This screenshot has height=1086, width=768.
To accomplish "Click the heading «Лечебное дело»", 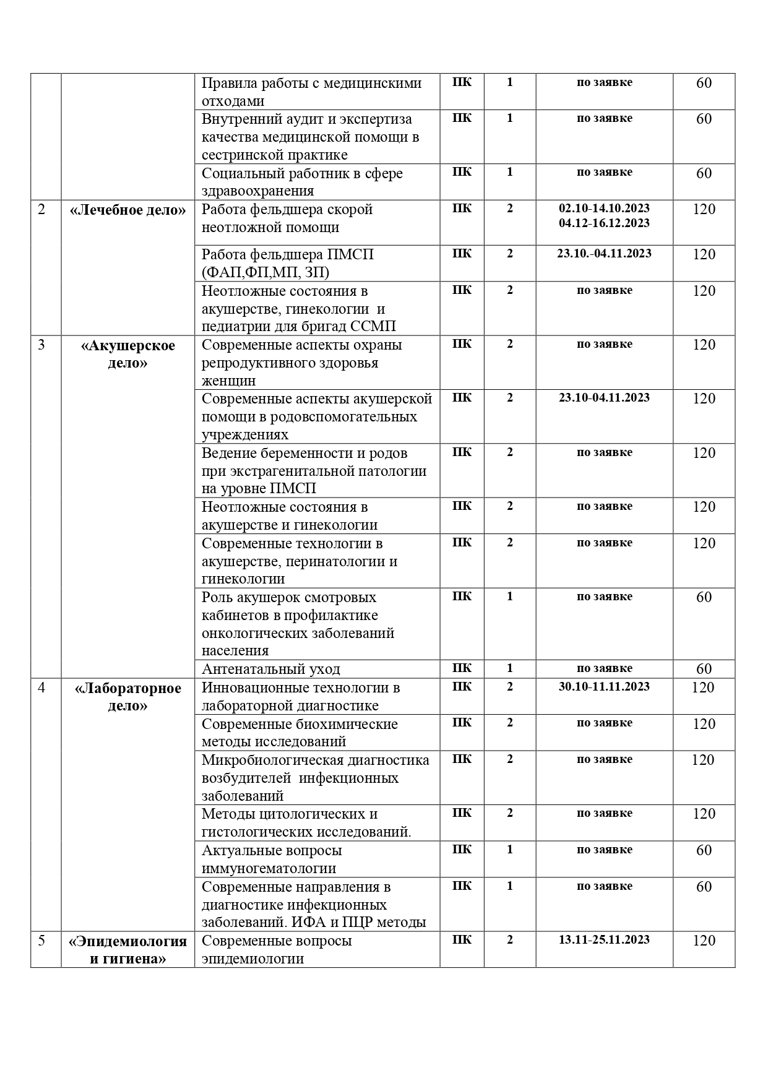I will pyautogui.click(x=127, y=210).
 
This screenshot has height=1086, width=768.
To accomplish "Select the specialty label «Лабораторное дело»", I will pyautogui.click(x=127, y=697).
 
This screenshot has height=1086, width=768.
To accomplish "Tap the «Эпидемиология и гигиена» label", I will pyautogui.click(x=127, y=950).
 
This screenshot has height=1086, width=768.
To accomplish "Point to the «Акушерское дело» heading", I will pyautogui.click(x=127, y=354).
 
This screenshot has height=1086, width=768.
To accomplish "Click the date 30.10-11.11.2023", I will pyautogui.click(x=604, y=686).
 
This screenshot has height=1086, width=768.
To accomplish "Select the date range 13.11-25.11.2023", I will pyautogui.click(x=604, y=939).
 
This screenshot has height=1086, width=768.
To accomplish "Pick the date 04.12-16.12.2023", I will pyautogui.click(x=604, y=223).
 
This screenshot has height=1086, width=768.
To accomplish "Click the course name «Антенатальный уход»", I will pyautogui.click(x=270, y=669).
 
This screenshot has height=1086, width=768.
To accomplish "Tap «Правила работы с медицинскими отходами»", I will pyautogui.click(x=311, y=92).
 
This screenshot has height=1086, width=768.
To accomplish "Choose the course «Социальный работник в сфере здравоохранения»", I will pyautogui.click(x=302, y=182).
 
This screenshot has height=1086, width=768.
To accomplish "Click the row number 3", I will pyautogui.click(x=41, y=345).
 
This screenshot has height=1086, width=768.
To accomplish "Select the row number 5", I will pyautogui.click(x=41, y=941).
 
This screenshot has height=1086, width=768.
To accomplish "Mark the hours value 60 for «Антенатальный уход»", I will pyautogui.click(x=704, y=669).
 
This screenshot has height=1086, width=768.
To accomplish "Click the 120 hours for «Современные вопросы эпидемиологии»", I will pyautogui.click(x=704, y=941).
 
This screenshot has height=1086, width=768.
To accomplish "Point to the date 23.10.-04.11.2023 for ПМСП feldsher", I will pyautogui.click(x=604, y=253).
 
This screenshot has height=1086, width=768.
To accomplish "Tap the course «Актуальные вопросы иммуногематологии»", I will pyautogui.click(x=272, y=859).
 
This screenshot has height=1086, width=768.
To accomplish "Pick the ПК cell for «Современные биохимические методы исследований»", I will pyautogui.click(x=462, y=723).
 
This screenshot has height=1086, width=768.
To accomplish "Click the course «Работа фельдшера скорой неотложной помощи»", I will pyautogui.click(x=287, y=218).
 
